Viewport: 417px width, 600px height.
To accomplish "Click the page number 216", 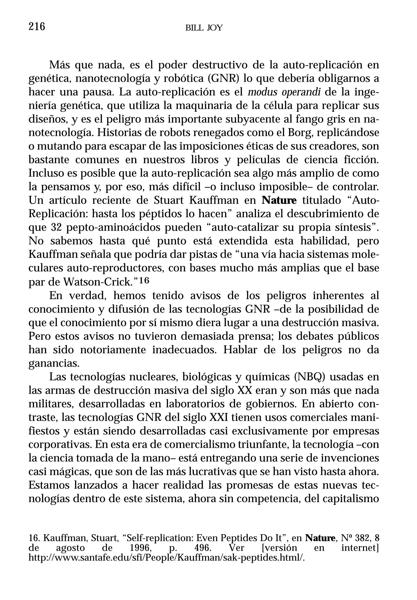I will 37,27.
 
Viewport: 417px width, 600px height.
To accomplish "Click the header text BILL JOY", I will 204,28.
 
